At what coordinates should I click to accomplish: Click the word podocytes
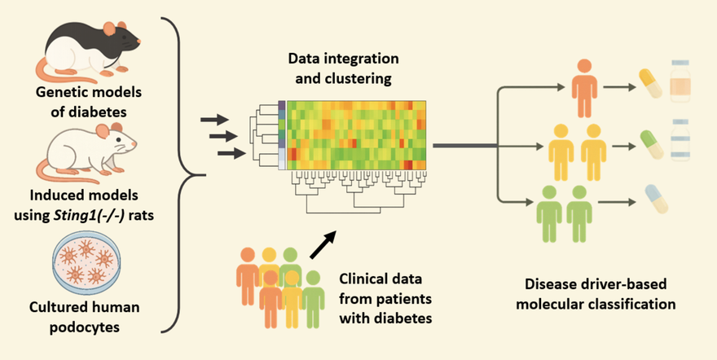click(85, 327)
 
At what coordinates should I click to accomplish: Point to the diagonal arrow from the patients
click(323, 242)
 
